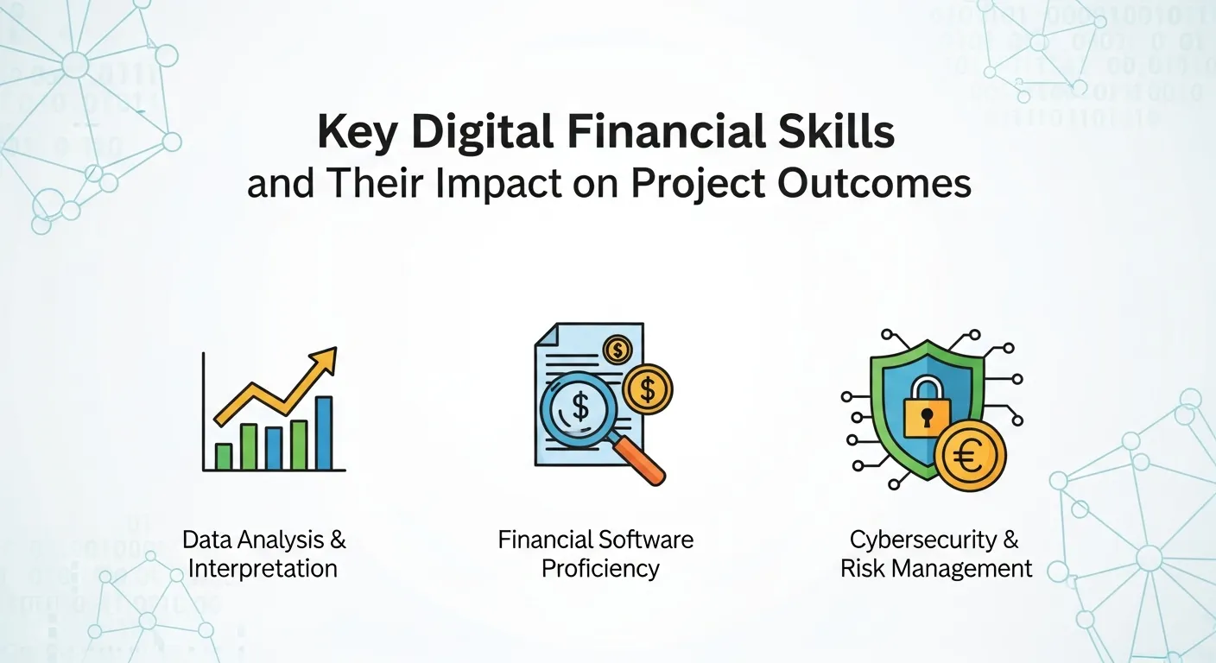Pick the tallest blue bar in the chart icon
click(324, 433)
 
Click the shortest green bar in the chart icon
click(224, 456)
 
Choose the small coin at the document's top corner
click(618, 350)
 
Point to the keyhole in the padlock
click(926, 420)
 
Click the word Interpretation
click(263, 568)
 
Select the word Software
click(649, 540)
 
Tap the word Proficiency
click(601, 568)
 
